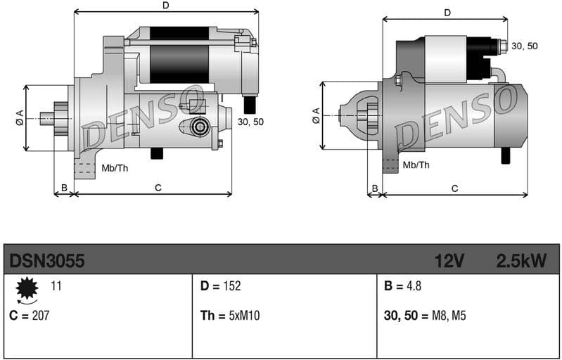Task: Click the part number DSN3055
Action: click(x=47, y=261)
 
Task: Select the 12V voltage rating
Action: click(x=449, y=261)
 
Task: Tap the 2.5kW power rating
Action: click(x=521, y=261)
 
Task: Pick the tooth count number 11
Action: click(x=56, y=285)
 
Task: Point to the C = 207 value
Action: click(x=30, y=315)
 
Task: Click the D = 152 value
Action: click(x=220, y=285)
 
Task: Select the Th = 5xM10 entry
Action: click(x=230, y=316)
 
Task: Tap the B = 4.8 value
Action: click(x=403, y=285)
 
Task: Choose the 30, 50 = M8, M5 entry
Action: click(x=426, y=316)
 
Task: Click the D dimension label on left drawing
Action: click(x=165, y=6)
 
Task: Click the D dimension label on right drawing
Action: click(x=447, y=13)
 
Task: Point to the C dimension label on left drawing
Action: click(x=158, y=188)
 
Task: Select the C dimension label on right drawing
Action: click(x=454, y=188)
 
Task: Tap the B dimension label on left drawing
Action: click(x=64, y=188)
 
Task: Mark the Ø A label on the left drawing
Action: click(x=20, y=117)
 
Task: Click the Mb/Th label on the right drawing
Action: click(x=416, y=165)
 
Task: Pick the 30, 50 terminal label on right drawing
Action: click(x=524, y=46)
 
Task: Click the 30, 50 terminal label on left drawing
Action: click(x=251, y=122)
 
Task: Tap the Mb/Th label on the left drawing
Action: click(x=115, y=168)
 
